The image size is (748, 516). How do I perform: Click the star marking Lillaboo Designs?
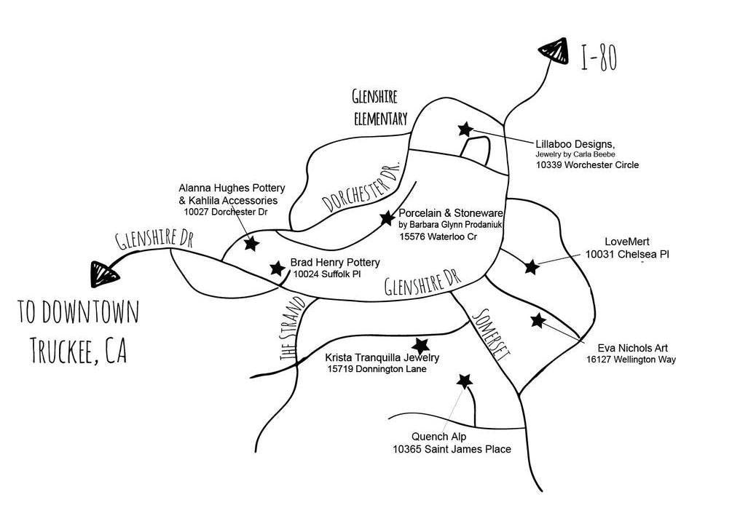(465, 130)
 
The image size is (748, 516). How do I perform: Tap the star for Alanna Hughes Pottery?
(251, 244)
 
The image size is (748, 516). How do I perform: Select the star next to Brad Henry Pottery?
(277, 269)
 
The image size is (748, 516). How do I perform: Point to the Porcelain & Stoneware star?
(387, 218)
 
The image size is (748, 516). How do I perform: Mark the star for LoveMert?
(532, 267)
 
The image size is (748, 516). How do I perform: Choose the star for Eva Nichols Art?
(538, 320)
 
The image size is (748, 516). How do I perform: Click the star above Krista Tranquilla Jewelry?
(420, 346)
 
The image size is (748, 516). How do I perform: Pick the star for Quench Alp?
(464, 381)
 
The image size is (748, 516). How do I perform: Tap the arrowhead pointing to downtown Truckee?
(103, 273)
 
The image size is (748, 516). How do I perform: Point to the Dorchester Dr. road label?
(361, 186)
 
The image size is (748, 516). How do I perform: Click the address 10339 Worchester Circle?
(587, 165)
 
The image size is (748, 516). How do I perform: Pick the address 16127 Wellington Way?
(631, 360)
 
